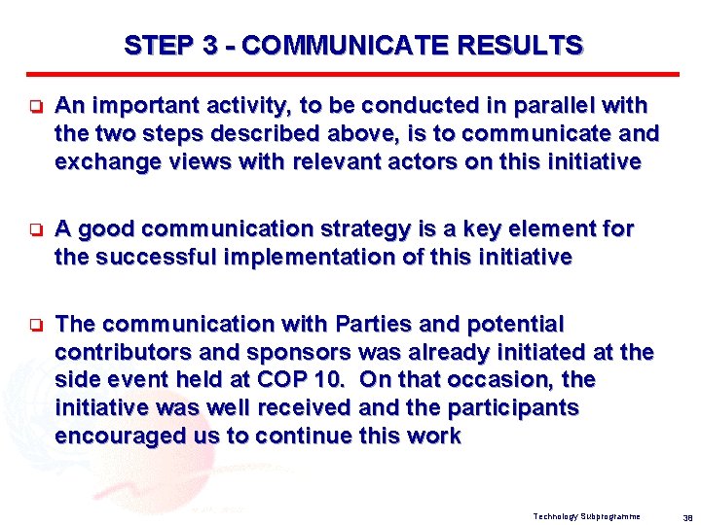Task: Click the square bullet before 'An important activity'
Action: tap(32, 106)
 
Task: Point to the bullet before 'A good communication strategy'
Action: tap(32, 230)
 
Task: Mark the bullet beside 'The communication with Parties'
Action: tap(32, 324)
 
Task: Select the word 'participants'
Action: tap(517, 407)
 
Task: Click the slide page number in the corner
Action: tap(686, 516)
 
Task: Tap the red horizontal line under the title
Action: tap(351, 74)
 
